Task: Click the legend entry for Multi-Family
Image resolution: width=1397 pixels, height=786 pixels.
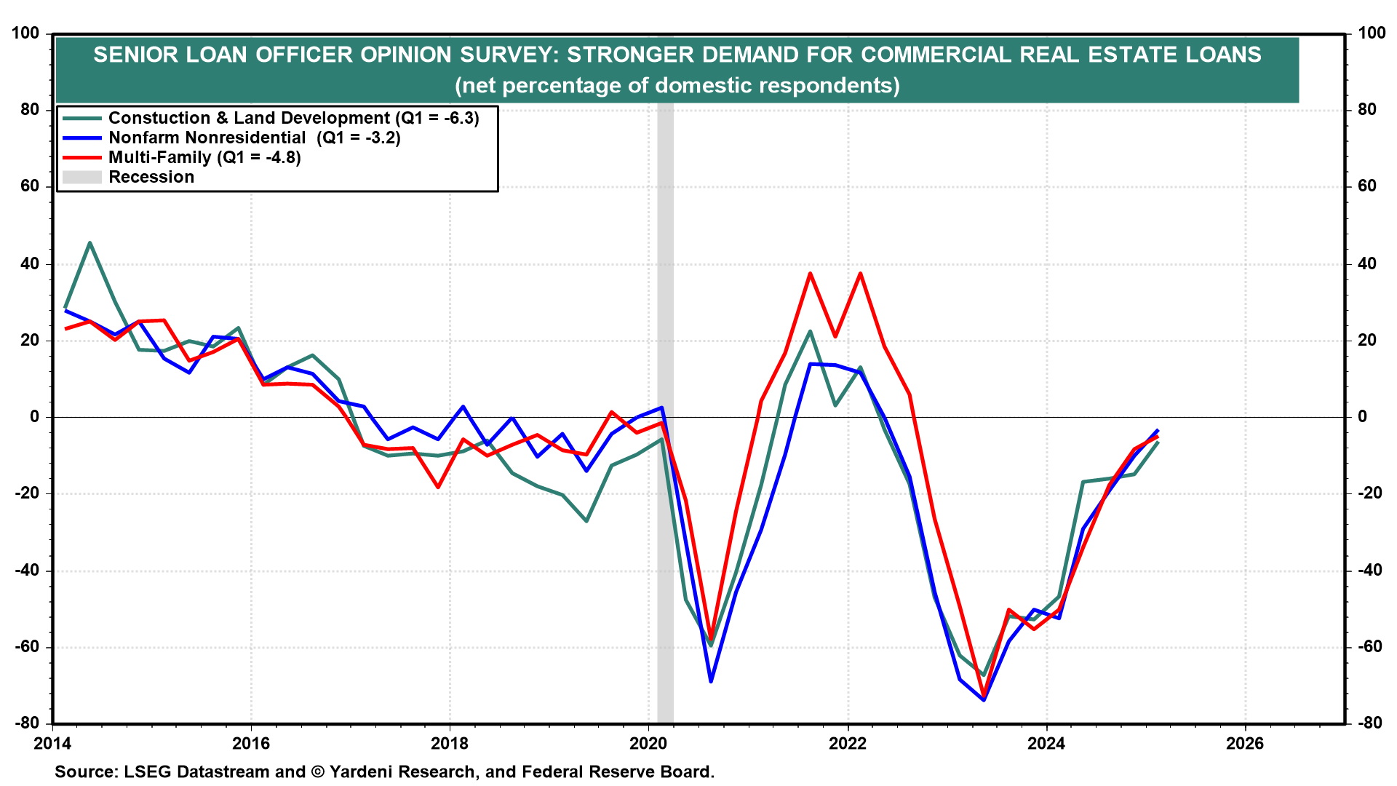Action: pos(204,157)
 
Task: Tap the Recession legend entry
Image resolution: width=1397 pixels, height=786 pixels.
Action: pos(151,177)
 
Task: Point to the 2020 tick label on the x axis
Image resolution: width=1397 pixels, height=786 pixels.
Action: pos(648,743)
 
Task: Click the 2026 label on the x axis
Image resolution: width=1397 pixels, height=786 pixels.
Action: pos(1245,743)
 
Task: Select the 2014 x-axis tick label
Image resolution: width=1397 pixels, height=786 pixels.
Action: pos(52,743)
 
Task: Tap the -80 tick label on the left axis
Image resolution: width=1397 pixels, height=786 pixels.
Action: pos(27,723)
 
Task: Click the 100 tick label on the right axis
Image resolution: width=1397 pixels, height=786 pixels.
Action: pos(1372,33)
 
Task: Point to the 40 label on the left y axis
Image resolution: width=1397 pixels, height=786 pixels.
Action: pos(30,263)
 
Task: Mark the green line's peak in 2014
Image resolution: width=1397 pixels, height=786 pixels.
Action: pos(89,242)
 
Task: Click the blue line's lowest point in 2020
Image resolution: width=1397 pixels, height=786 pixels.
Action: pos(711,681)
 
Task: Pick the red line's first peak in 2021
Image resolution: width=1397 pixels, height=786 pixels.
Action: pos(810,274)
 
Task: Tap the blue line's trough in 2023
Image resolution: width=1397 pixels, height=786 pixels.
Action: pos(984,699)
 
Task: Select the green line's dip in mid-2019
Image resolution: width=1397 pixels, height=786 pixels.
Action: pos(586,521)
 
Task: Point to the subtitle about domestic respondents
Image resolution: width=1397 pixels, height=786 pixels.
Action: pos(677,86)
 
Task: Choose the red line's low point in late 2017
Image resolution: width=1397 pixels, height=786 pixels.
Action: pos(438,487)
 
